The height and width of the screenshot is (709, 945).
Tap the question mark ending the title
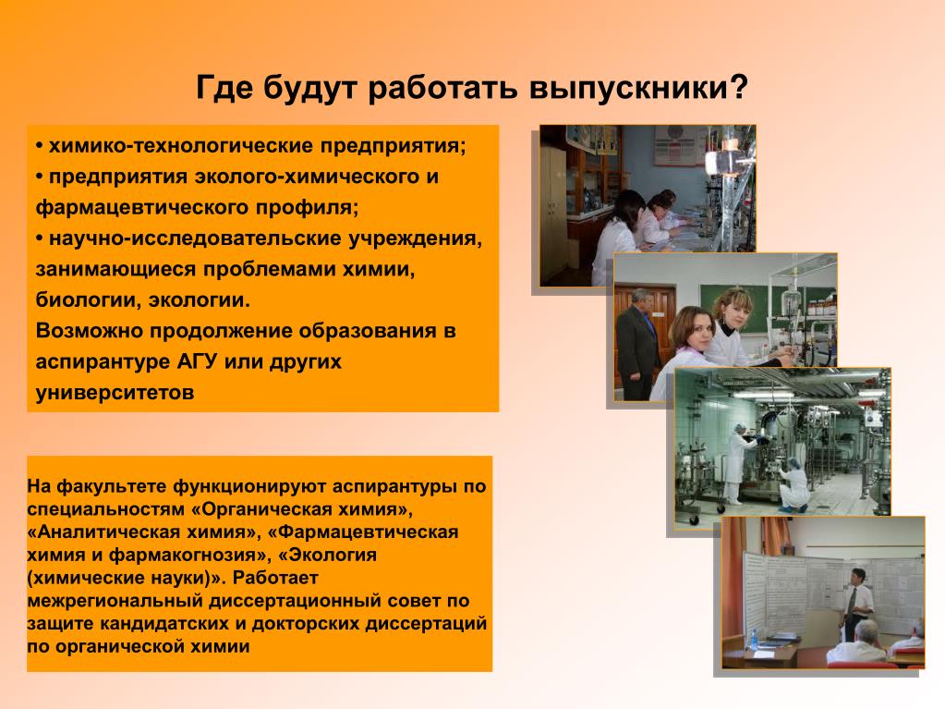[739, 87]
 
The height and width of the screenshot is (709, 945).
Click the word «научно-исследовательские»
[194, 238]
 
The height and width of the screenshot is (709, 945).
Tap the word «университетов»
[115, 393]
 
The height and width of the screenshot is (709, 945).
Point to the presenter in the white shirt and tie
[854, 603]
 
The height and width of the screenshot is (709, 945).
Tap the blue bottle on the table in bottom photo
[755, 638]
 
